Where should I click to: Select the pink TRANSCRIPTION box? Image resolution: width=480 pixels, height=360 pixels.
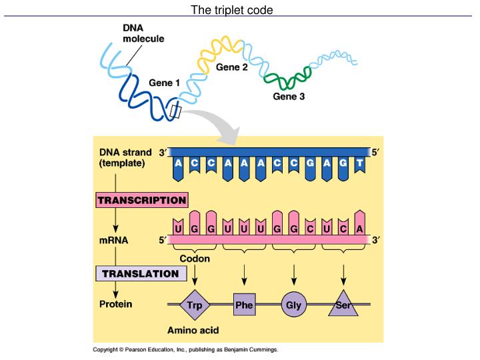(x=141, y=200)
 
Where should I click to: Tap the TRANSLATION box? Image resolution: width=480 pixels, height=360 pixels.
(x=140, y=273)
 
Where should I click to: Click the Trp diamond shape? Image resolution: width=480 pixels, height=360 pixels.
(x=195, y=306)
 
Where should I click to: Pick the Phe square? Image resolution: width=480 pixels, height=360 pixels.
(x=245, y=306)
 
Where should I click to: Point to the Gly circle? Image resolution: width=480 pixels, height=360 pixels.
(x=293, y=306)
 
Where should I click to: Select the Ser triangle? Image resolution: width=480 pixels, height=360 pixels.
(x=343, y=306)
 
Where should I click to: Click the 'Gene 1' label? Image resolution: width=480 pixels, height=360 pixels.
(x=164, y=83)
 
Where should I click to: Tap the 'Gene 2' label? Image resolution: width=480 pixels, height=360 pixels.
(x=231, y=67)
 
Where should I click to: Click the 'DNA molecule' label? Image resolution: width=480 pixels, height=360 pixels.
(x=143, y=33)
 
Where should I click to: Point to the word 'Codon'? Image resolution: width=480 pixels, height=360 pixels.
(x=195, y=259)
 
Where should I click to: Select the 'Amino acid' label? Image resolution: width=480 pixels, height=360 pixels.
(x=193, y=330)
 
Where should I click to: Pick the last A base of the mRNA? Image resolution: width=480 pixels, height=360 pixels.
(x=360, y=229)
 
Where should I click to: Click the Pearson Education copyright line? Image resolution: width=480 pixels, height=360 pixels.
(x=185, y=349)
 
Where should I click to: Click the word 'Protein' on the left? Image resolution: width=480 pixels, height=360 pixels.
(x=115, y=304)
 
